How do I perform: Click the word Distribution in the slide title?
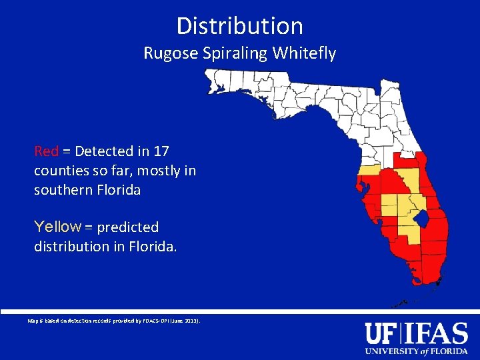[240, 26]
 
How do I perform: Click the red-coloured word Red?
[47, 151]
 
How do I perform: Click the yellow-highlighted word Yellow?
[57, 227]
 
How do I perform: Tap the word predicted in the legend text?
[128, 227]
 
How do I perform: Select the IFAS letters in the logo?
[437, 333]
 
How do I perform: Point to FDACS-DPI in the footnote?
[151, 321]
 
